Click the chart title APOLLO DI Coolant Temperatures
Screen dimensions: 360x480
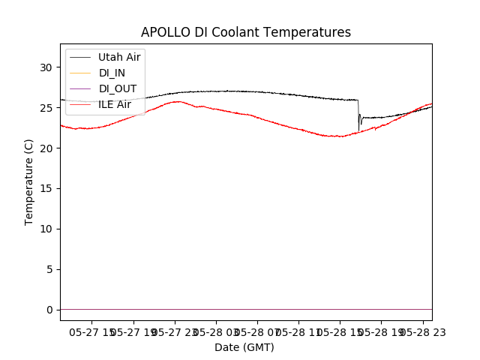246,32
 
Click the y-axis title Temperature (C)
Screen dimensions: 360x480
29,181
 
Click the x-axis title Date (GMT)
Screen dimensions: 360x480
244,347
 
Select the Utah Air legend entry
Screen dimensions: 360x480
119,57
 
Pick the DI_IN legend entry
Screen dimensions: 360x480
112,73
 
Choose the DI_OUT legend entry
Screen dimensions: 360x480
117,88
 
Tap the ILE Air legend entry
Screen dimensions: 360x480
115,104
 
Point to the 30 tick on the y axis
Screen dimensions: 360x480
46,67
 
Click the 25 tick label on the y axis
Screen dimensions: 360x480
46,108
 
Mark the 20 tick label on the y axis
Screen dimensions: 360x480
46,148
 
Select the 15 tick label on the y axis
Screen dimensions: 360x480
46,188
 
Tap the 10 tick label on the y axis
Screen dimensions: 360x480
46,229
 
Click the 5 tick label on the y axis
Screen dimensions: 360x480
49,269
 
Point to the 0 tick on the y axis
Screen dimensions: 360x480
49,310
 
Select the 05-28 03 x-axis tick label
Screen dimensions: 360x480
216,331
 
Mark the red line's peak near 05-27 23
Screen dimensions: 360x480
178,101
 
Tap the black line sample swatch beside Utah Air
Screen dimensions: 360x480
80,57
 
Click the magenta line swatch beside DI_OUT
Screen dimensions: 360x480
80,88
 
